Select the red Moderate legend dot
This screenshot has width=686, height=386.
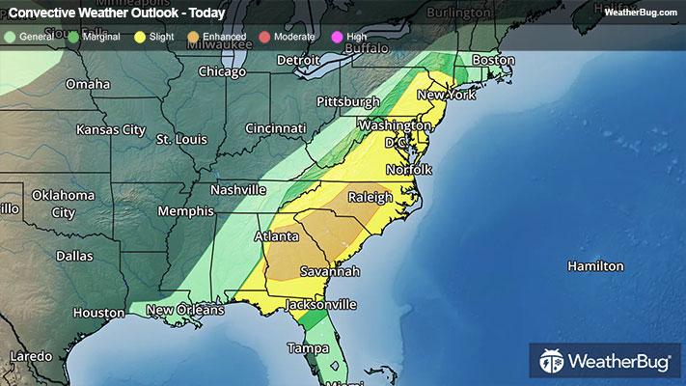click(x=265, y=36)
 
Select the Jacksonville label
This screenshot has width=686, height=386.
click(x=319, y=304)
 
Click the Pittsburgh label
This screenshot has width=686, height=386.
click(x=348, y=101)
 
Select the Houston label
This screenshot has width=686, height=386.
click(x=98, y=314)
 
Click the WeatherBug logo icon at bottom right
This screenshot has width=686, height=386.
click(x=553, y=363)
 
